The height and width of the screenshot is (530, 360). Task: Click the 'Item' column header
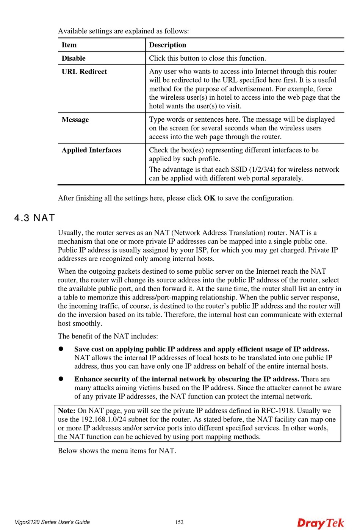coord(69,45)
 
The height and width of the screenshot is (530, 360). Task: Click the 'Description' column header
coord(167,45)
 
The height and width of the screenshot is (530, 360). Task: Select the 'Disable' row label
coord(74,58)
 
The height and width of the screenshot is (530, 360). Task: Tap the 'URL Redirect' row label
coord(84,72)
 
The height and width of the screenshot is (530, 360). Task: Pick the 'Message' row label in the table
coord(75,120)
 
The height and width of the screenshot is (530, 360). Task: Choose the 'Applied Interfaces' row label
coord(91,150)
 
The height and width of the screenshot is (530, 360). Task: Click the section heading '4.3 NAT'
coord(34,218)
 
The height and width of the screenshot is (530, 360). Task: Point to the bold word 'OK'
coord(209,198)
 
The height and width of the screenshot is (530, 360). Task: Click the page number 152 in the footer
coord(179,522)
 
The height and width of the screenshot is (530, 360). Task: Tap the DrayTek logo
coord(321,523)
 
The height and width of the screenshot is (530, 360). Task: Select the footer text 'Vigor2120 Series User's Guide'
coord(52,522)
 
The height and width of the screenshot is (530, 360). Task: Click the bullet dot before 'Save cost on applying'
coord(61,349)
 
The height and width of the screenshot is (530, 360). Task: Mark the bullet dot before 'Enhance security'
coord(61,379)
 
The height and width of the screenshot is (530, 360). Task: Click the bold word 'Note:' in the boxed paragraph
coord(67,411)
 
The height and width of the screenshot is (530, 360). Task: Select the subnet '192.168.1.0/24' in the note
coord(104,419)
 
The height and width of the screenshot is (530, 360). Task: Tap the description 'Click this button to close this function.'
coord(207,58)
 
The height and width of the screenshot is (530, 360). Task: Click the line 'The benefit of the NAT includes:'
coord(108,336)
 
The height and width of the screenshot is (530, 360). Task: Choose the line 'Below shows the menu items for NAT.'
coord(117,451)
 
